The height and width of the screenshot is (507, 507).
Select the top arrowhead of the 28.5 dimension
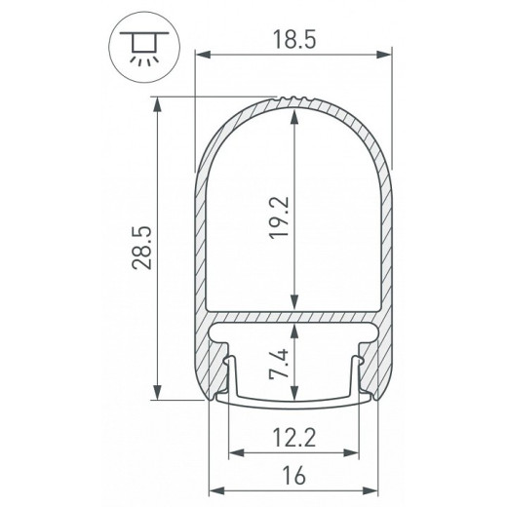(x=157, y=101)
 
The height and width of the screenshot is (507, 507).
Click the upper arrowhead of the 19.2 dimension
(x=293, y=114)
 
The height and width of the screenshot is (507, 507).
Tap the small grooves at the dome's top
(x=293, y=99)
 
